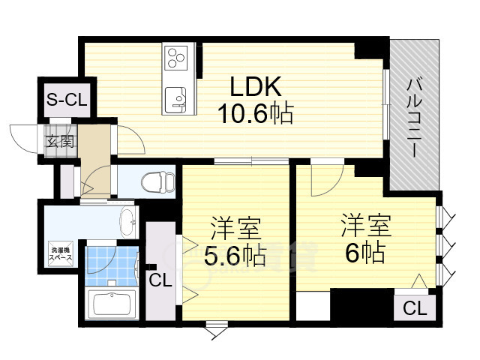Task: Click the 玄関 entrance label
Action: (61, 140)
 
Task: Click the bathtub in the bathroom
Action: (112, 305)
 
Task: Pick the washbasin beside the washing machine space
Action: (128, 220)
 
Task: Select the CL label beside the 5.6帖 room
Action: (159, 281)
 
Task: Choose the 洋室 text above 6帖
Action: (365, 223)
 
